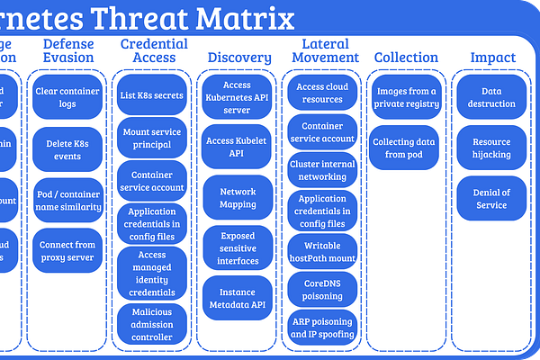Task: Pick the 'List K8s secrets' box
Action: click(152, 94)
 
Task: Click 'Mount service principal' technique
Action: click(152, 136)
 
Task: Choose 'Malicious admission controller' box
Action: click(152, 324)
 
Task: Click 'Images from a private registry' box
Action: click(408, 97)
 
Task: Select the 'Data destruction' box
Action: click(491, 97)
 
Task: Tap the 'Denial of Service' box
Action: click(491, 199)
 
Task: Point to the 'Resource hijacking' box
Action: click(491, 148)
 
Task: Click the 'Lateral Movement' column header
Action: click(325, 50)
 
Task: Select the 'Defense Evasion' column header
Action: click(67, 50)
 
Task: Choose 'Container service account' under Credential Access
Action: click(152, 181)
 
